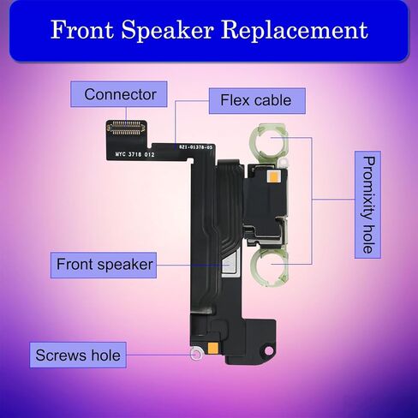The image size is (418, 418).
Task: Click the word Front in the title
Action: tap(82, 29)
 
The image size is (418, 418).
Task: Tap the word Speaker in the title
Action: tap(168, 31)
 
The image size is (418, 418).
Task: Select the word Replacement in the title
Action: tap(295, 31)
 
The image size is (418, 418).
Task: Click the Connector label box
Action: tap(119, 94)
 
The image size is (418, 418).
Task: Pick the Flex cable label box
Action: tap(257, 101)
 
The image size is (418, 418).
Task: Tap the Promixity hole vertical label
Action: tap(367, 205)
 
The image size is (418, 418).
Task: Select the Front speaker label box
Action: tap(104, 265)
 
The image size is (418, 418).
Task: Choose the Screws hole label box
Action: tap(78, 355)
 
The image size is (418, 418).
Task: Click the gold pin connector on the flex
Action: tap(127, 128)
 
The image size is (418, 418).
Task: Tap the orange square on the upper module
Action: tap(272, 176)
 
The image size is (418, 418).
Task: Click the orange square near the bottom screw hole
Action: tap(213, 348)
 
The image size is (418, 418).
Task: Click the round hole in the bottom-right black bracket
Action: tap(268, 350)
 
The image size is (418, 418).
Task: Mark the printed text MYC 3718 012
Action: tap(134, 154)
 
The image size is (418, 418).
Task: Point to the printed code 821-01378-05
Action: tap(196, 147)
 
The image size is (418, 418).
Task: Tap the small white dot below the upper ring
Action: tap(283, 164)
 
